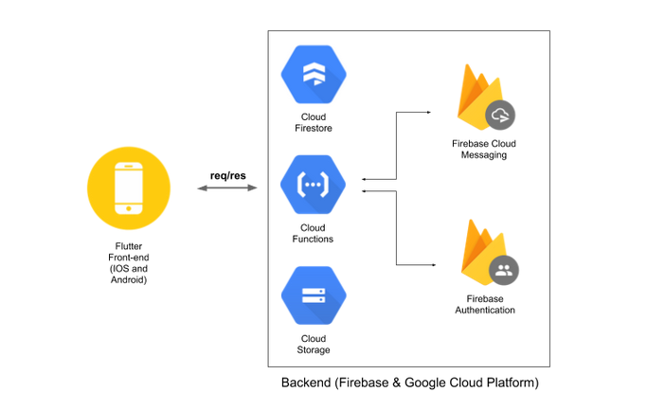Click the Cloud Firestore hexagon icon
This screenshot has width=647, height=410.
pos(314,74)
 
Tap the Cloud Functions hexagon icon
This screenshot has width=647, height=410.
pos(313,185)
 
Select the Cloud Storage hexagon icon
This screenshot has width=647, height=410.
pos(314,295)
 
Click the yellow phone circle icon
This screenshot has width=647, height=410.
pos(129,188)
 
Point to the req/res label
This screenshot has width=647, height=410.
pos(227,176)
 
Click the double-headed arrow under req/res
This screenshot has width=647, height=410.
pos(227,188)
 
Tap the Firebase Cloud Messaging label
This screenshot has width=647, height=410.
pos(484,150)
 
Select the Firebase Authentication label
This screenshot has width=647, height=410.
pos(485,304)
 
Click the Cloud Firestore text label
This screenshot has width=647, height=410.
pos(314,122)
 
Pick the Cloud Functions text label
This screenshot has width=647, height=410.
pos(313,234)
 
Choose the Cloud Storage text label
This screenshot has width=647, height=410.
pos(314,344)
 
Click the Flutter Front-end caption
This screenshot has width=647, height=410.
pos(129,262)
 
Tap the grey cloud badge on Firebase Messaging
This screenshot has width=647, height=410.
pos(500,116)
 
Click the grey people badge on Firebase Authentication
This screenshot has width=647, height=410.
pos(504,270)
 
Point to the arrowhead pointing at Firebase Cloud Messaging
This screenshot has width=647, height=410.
pos(429,112)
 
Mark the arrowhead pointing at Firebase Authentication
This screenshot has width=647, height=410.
pos(434,265)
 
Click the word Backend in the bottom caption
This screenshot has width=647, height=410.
pos(306,383)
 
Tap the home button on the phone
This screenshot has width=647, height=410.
pos(129,208)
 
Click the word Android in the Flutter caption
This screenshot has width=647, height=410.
pos(128,279)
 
